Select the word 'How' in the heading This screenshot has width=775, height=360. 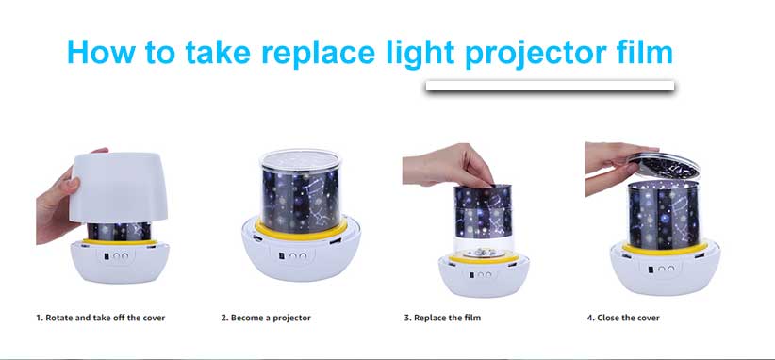click(x=96, y=51)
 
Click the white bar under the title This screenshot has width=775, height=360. click(x=550, y=86)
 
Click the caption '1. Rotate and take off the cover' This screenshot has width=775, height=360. click(x=101, y=318)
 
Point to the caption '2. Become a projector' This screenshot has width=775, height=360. click(x=266, y=318)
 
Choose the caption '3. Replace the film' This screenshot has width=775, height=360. click(x=442, y=318)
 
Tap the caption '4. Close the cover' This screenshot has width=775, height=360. click(x=623, y=318)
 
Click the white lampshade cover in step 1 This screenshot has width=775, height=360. click(x=119, y=188)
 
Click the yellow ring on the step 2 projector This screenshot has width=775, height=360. click(x=301, y=231)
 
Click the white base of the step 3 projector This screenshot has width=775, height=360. click(x=484, y=276)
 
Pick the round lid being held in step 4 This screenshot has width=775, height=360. click(x=665, y=166)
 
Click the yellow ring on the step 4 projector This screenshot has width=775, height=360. click(x=666, y=250)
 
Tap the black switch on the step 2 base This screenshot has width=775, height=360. click(x=282, y=256)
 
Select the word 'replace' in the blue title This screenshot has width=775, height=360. click(x=320, y=54)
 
